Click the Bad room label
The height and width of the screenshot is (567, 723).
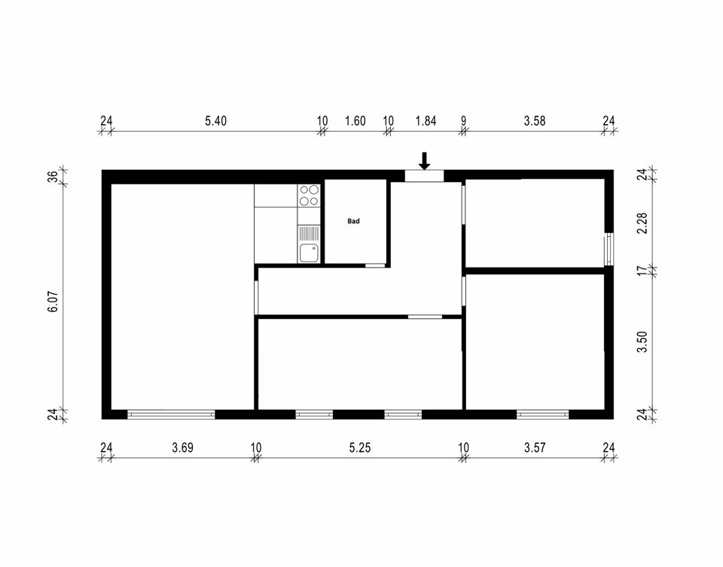(354, 221)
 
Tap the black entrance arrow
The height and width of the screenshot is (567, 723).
(425, 161)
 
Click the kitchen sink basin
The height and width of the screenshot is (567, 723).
(309, 253)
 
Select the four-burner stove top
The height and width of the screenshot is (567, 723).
(309, 195)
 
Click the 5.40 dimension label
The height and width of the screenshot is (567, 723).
(216, 121)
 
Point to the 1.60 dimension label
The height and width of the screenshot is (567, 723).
(355, 121)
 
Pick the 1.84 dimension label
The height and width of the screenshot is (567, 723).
(426, 121)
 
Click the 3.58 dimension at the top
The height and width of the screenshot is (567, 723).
(535, 121)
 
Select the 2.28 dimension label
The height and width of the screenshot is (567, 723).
(642, 223)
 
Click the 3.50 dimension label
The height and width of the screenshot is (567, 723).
(642, 342)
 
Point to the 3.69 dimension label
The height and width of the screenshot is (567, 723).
(182, 447)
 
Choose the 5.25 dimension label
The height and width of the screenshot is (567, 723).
(360, 447)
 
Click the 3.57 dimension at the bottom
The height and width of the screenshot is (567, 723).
(535, 447)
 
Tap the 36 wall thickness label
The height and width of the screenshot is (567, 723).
(54, 177)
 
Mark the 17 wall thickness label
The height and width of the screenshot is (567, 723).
(642, 271)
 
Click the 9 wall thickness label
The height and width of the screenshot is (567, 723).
(463, 121)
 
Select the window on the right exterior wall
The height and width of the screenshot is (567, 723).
(609, 249)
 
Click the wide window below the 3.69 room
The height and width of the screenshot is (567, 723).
(171, 414)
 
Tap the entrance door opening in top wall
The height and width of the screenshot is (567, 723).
(424, 176)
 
